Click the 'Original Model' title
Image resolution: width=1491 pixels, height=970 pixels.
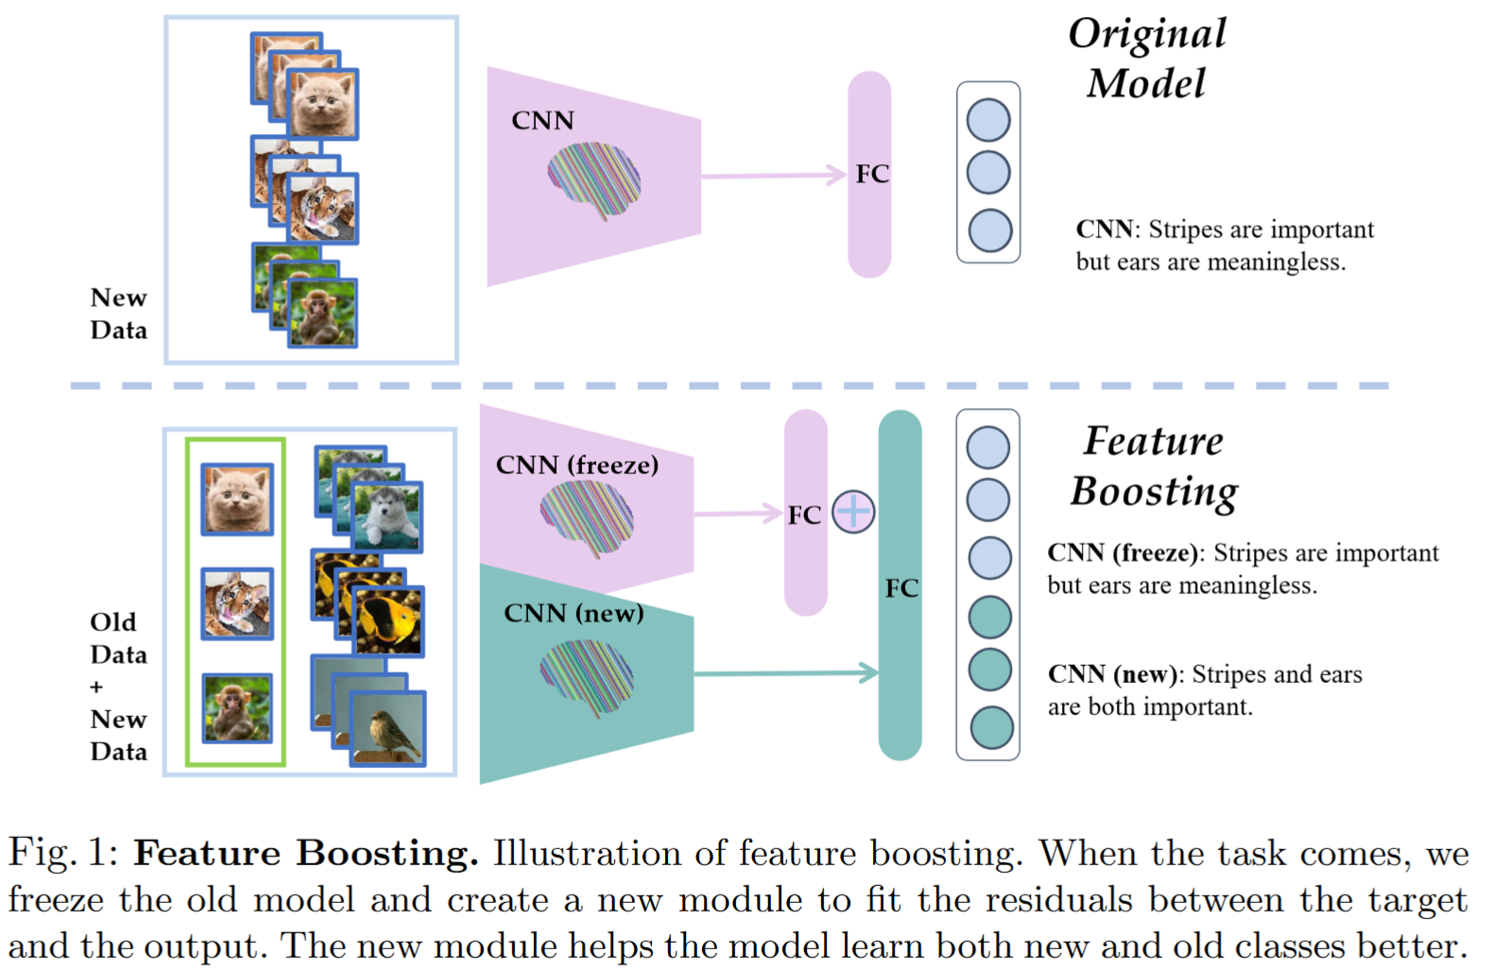click(1146, 59)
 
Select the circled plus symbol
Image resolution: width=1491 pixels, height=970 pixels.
click(853, 512)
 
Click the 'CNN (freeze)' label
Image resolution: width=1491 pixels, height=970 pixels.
click(576, 465)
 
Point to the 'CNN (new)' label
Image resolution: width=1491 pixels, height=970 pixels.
click(574, 613)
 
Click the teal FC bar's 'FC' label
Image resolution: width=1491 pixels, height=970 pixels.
click(901, 588)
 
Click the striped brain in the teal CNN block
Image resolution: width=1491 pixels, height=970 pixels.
click(587, 675)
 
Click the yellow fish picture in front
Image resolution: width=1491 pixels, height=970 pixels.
click(389, 621)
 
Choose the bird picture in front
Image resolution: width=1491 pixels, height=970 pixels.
click(387, 727)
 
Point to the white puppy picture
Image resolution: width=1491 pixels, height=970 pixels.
click(387, 516)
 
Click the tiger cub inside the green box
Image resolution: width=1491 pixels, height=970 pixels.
click(237, 604)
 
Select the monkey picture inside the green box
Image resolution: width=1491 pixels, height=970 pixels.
click(237, 708)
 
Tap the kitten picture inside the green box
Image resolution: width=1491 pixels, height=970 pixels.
click(237, 499)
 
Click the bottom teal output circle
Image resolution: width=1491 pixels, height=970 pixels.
click(991, 728)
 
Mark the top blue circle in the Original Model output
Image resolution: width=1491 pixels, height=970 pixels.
click(988, 121)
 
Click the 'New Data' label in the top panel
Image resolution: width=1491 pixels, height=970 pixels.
click(118, 314)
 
